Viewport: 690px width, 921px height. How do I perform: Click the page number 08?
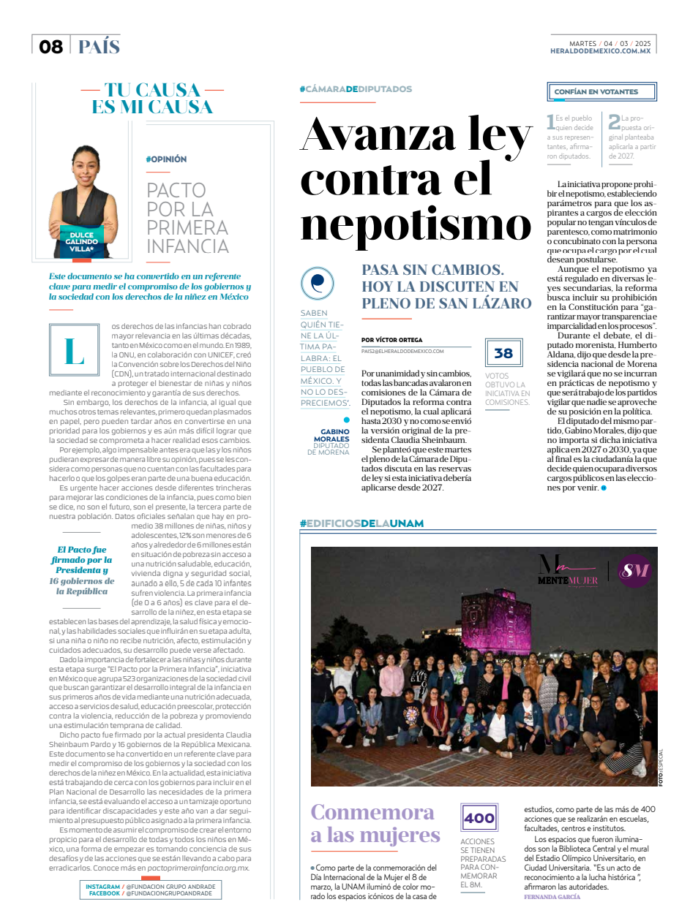tap(51, 47)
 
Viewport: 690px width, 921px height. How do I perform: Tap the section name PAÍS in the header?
tap(99, 47)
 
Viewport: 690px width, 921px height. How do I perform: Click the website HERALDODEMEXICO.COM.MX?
tap(600, 50)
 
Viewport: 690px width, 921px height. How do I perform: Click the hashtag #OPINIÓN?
tap(166, 159)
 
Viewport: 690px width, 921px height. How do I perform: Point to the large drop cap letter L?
tap(74, 352)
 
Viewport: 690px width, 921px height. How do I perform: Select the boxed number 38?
tap(503, 354)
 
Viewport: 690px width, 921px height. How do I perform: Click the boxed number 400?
tap(479, 819)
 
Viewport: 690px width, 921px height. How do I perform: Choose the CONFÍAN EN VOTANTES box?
tap(601, 91)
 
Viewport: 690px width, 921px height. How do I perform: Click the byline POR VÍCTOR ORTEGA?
tap(391, 340)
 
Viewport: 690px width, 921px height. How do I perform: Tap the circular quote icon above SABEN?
tap(318, 284)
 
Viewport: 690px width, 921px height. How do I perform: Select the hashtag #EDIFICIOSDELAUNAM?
tap(361, 523)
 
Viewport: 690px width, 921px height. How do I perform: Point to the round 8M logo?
tap(634, 572)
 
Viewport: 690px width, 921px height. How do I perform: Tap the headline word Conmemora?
tap(372, 812)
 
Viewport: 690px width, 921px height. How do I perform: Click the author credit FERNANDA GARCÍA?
tap(552, 896)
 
